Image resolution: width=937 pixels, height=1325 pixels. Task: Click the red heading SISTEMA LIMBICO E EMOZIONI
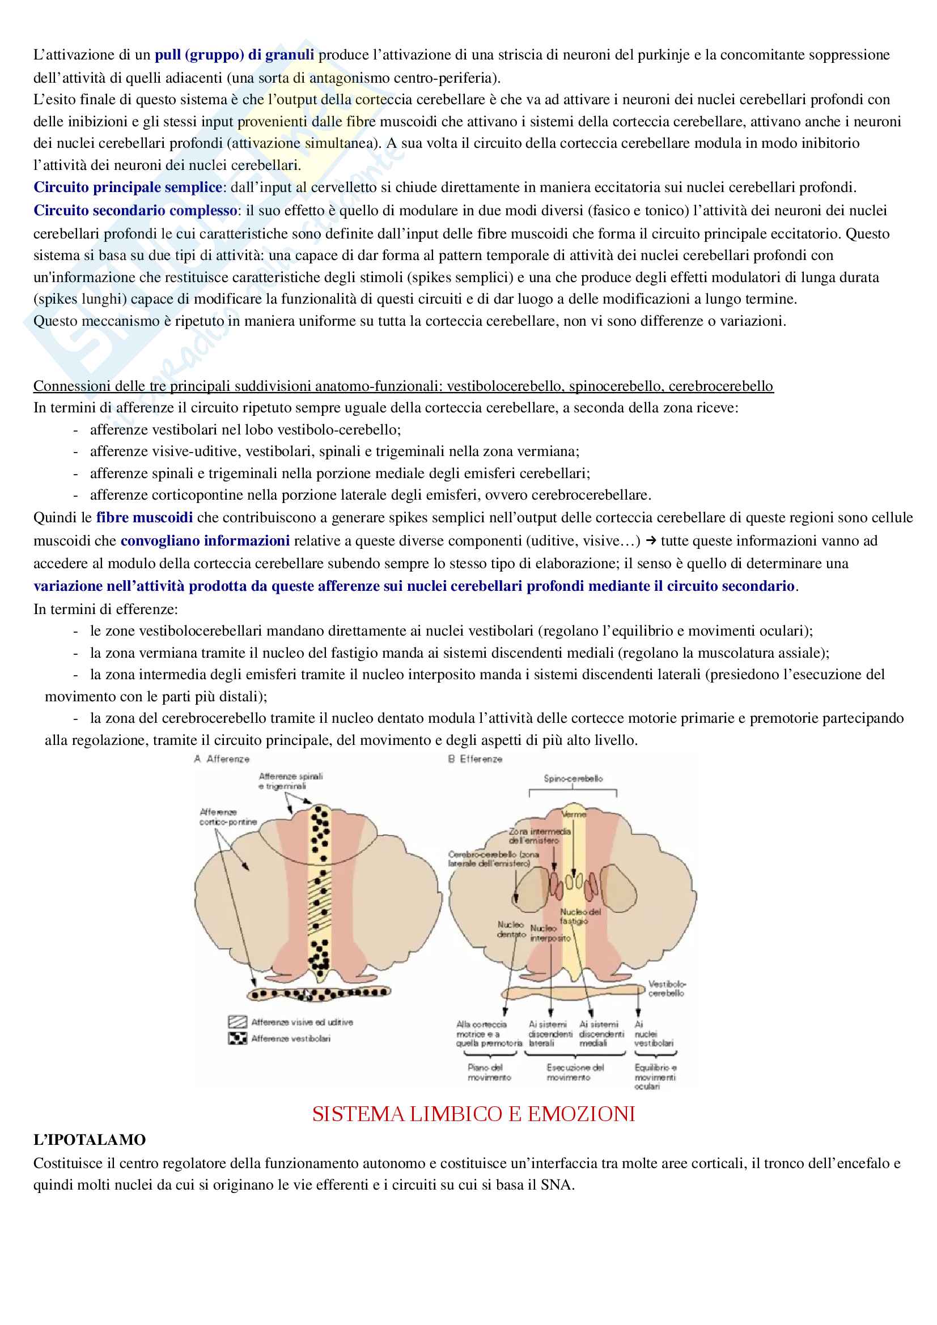(473, 1114)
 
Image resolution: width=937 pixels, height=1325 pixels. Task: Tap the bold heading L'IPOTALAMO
(90, 1140)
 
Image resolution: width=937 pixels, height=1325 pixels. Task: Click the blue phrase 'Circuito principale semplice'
(128, 188)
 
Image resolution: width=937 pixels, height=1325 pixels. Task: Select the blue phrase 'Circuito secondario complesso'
(135, 211)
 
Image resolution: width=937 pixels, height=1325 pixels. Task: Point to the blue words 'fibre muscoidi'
(145, 517)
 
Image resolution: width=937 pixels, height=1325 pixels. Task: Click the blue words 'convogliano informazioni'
(205, 541)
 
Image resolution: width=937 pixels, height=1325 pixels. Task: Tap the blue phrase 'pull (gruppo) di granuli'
(235, 55)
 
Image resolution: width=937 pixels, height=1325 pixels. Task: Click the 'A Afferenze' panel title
(222, 760)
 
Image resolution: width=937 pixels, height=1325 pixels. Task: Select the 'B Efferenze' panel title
(475, 760)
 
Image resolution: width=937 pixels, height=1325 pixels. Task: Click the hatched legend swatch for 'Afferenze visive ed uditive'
(238, 1022)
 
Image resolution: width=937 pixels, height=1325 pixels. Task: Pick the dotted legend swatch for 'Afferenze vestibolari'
(238, 1039)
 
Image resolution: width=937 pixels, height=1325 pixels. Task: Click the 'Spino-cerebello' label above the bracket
(573, 778)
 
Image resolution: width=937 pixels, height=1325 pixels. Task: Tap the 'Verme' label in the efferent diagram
(574, 814)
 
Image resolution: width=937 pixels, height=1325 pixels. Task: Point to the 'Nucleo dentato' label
(511, 929)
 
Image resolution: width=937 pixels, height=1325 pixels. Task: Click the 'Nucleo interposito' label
(550, 933)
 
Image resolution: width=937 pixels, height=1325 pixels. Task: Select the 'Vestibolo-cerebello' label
(666, 989)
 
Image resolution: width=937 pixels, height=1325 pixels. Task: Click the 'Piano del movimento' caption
(489, 1072)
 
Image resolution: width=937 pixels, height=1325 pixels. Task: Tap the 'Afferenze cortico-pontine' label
(227, 817)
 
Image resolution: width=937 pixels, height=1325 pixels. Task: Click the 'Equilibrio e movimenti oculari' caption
(655, 1077)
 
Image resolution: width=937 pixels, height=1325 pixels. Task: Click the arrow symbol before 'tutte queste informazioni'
(651, 541)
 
